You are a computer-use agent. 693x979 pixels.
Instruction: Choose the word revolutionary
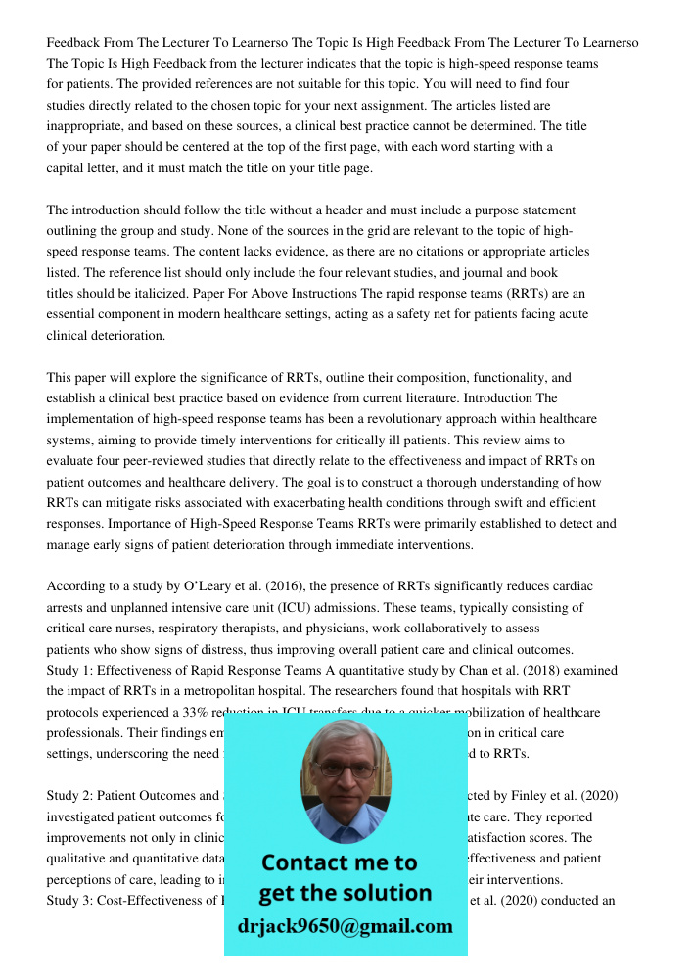point(379,419)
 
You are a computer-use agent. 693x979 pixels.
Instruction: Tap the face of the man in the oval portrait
point(344,773)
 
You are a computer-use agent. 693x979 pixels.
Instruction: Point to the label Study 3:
point(72,901)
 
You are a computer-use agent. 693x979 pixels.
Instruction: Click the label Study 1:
point(72,671)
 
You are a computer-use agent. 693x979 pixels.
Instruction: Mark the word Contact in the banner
point(303,863)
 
